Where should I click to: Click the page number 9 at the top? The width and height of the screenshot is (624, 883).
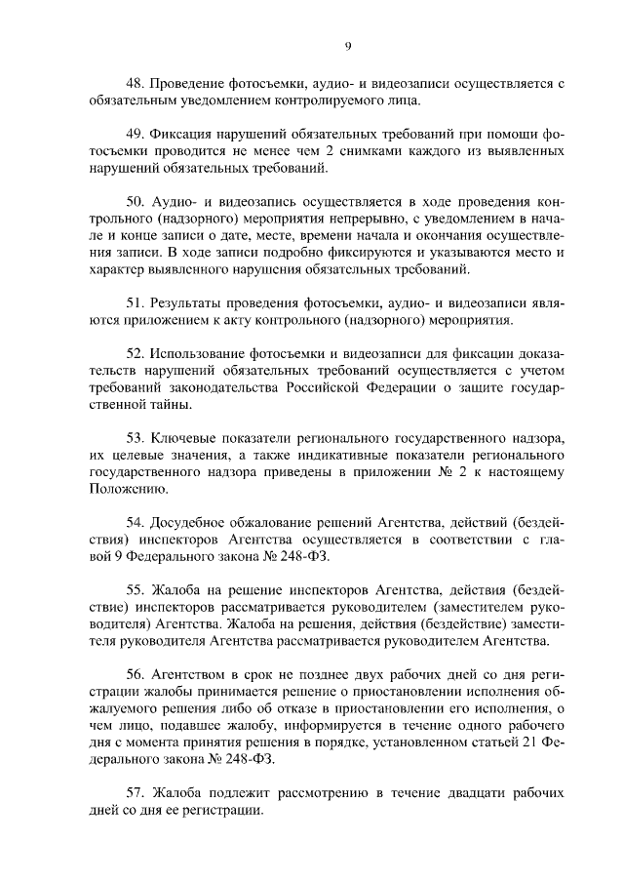348,45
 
